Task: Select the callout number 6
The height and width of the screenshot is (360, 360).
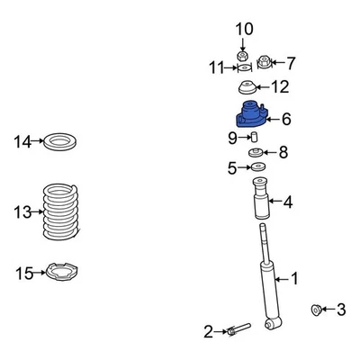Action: coord(286,118)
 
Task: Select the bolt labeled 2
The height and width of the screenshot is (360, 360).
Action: coord(236,331)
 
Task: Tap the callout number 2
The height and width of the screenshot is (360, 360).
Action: coord(208,332)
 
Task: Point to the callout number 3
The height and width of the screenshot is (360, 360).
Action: coord(340,310)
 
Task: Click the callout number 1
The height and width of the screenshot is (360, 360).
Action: coord(293,279)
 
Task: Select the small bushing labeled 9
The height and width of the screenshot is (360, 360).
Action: coord(254,137)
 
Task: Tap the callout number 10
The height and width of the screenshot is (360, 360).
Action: coord(244,30)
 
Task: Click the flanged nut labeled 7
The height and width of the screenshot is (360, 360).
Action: coord(264,62)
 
